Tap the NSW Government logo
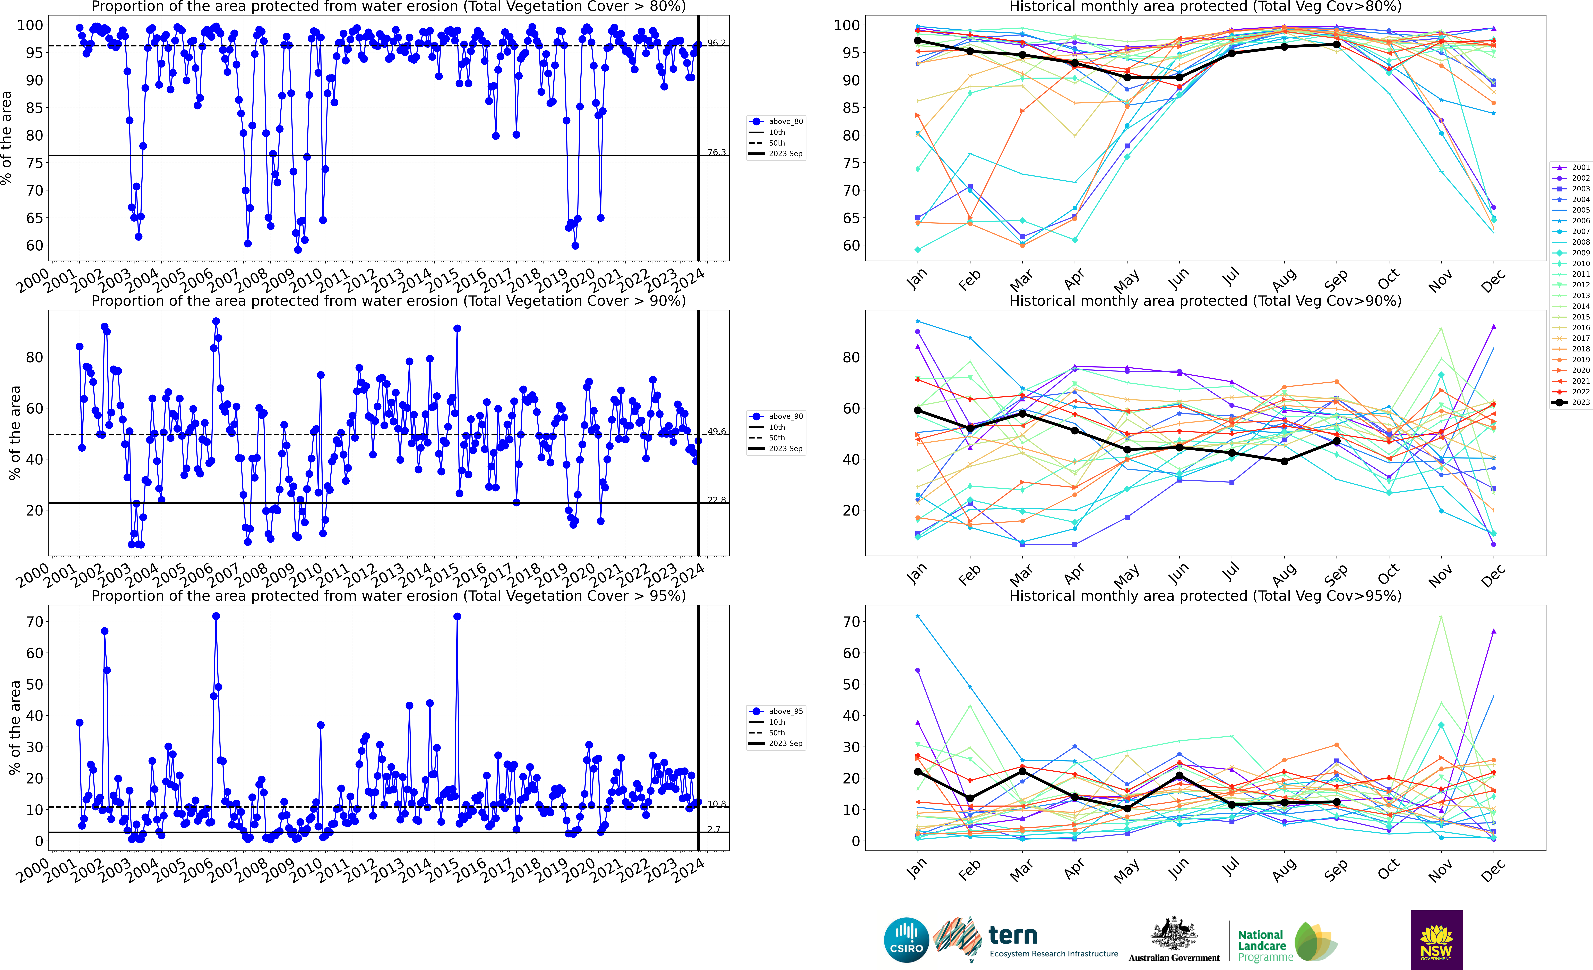pyautogui.click(x=1436, y=940)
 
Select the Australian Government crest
pyautogui.click(x=1173, y=933)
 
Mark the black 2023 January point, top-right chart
pyautogui.click(x=917, y=41)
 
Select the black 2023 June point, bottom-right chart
pyautogui.click(x=1179, y=775)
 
